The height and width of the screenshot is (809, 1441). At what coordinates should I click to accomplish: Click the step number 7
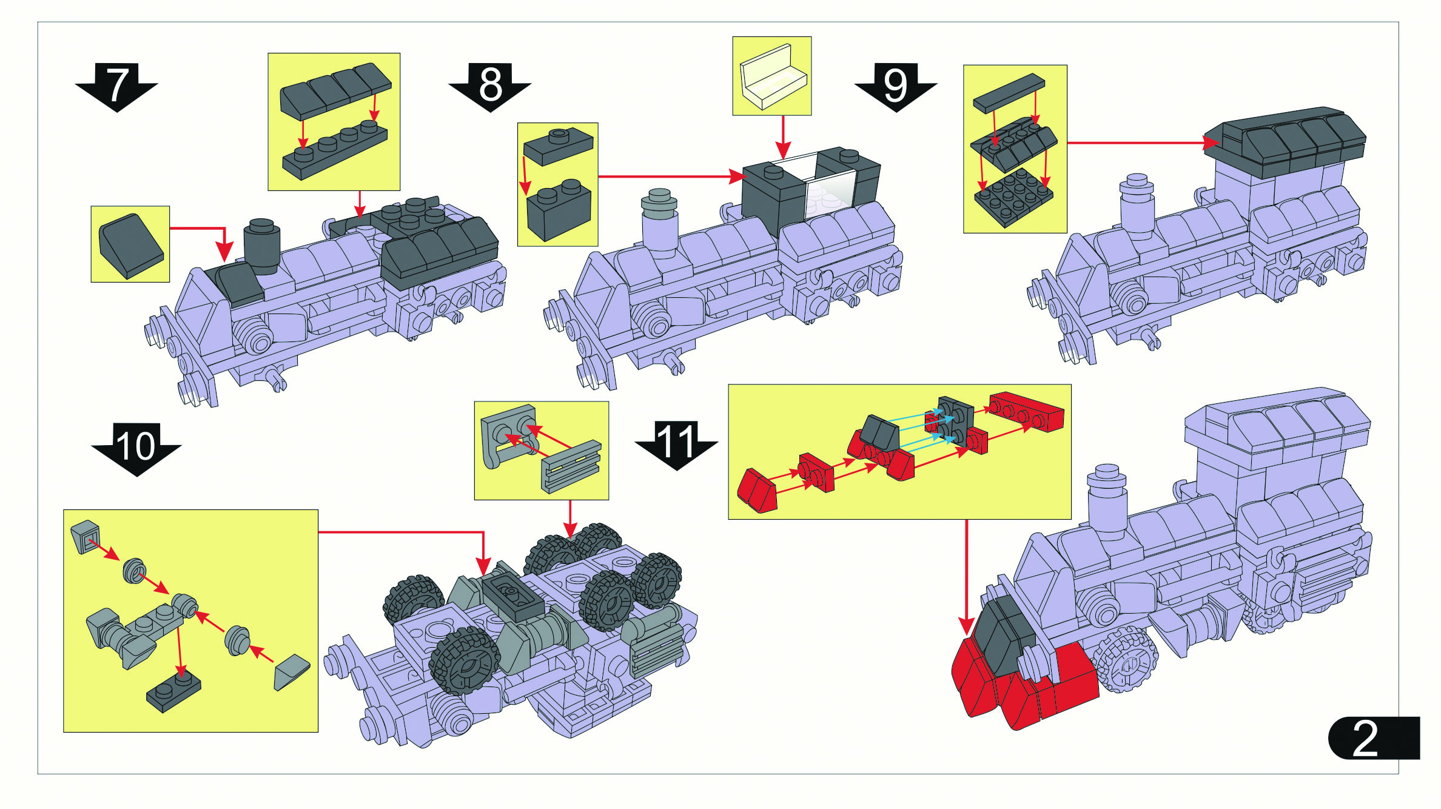pos(117,84)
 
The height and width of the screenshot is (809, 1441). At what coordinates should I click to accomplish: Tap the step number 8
pos(490,84)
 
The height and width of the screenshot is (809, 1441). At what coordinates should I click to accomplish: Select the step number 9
pos(895,84)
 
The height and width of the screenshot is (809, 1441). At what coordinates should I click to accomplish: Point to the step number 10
pos(136,446)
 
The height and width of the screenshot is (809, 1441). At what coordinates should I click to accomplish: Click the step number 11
pos(676,441)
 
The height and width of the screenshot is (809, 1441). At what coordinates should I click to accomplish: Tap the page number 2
pos(1366,738)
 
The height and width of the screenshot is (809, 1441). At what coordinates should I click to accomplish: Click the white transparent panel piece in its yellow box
pos(772,77)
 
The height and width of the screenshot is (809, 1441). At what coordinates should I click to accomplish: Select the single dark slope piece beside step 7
pos(130,245)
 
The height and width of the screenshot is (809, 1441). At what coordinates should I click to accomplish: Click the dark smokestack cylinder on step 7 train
pos(262,244)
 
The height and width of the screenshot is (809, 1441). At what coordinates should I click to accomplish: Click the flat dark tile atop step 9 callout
pos(1009,93)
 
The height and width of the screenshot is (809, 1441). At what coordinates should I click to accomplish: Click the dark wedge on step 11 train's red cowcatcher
pos(1002,637)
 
